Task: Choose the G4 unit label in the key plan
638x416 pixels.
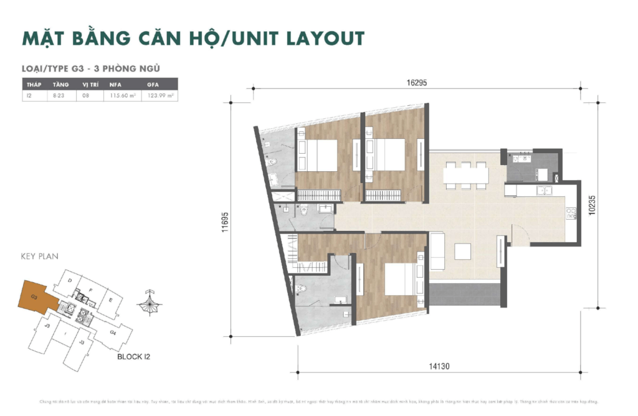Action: (113, 333)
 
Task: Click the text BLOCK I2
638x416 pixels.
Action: (133, 357)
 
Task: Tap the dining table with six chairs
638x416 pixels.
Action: (465, 174)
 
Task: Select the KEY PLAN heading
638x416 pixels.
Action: (39, 256)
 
